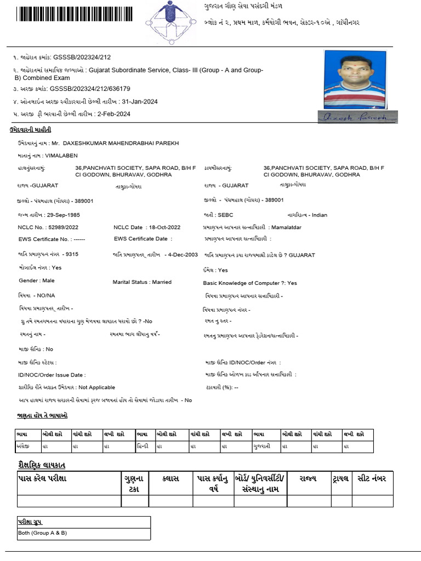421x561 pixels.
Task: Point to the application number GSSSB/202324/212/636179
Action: coord(90,88)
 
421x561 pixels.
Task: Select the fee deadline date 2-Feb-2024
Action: coord(113,114)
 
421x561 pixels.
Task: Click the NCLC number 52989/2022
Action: coord(62,227)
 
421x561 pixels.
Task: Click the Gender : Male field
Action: coord(36,280)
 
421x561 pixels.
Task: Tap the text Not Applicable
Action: coord(97,387)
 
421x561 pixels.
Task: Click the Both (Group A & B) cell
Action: coord(43,533)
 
